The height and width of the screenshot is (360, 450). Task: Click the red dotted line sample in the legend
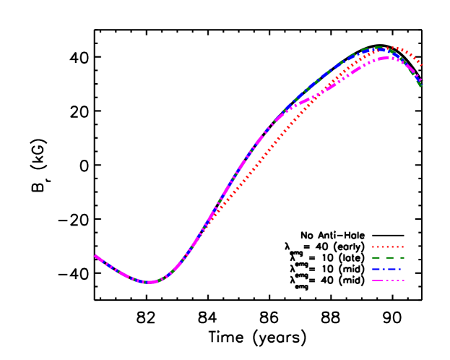(387, 247)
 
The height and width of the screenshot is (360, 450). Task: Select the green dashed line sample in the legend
(387, 257)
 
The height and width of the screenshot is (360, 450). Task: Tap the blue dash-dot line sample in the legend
(387, 269)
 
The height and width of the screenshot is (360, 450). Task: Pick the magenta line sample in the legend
(387, 280)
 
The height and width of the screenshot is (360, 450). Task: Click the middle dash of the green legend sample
(388, 257)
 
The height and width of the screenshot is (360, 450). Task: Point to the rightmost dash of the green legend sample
(401, 257)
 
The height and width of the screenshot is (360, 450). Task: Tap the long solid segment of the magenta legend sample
(378, 280)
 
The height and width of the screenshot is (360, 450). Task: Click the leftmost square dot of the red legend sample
(373, 247)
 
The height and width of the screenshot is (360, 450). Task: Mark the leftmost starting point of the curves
(95, 256)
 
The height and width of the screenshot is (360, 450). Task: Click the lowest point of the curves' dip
(149, 282)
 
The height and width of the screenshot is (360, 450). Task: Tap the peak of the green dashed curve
(378, 48)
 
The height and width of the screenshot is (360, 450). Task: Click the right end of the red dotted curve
(421, 64)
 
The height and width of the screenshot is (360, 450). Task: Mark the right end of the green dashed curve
(420, 86)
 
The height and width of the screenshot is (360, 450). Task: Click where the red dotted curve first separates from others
(215, 211)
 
